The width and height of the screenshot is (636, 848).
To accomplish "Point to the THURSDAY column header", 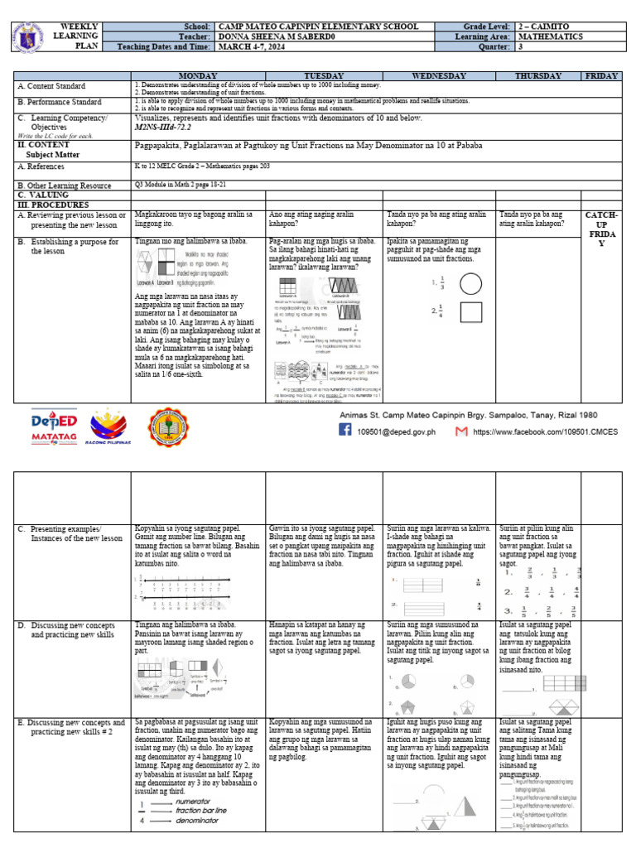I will coord(537,75).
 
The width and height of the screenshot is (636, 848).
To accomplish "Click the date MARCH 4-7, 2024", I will coord(257,47).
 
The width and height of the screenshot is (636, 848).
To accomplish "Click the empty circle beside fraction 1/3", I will coord(470,284).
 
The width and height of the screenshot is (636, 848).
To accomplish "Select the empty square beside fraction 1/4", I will coord(470,312).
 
